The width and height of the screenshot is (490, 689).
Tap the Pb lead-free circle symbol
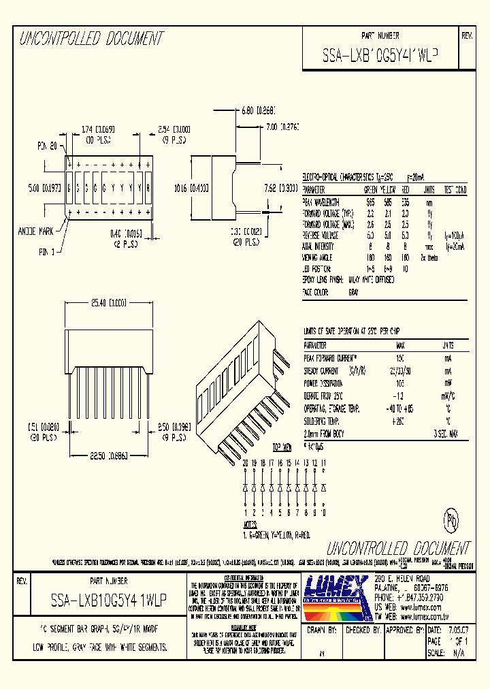tap(451, 521)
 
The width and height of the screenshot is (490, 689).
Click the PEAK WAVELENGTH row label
tap(323, 203)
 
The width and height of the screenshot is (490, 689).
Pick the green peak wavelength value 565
tap(371, 203)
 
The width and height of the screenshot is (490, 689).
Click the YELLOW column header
tap(387, 189)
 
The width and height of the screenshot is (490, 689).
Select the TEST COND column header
tap(455, 189)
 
